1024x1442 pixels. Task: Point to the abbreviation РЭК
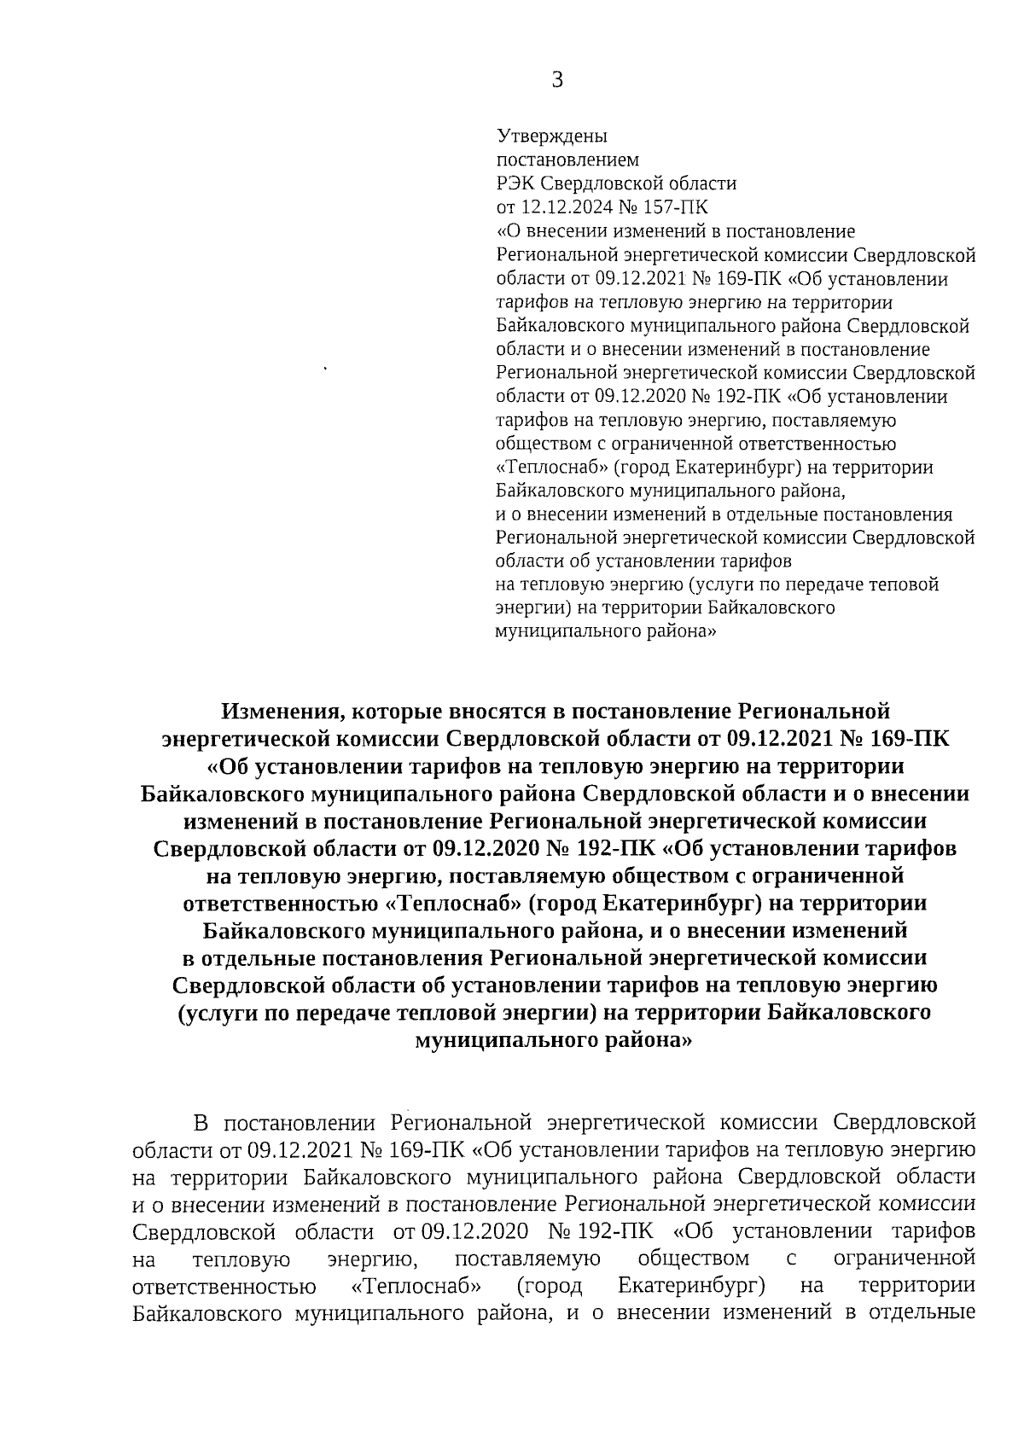517,183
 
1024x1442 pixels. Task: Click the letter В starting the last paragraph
201,1121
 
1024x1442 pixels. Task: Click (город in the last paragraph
550,1285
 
